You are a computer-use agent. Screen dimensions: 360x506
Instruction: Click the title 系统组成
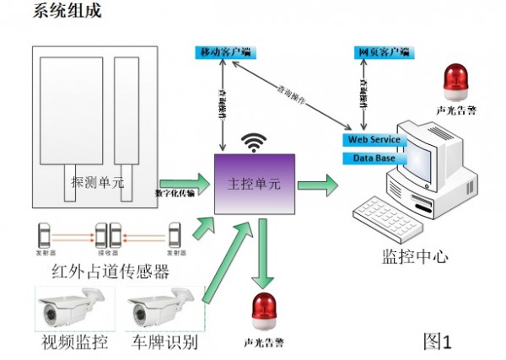coord(67,12)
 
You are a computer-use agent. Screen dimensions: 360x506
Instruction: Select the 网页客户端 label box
coord(381,52)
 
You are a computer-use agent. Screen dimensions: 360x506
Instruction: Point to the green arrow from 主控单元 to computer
coord(318,182)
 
